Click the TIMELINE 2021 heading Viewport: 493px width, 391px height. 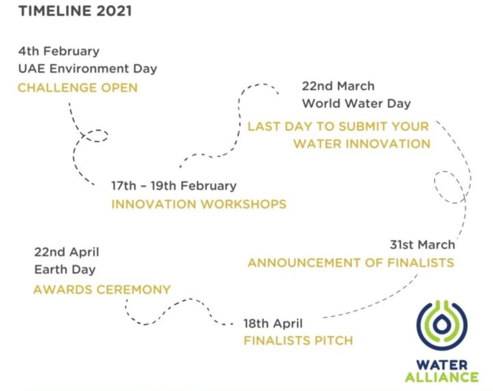coord(75,11)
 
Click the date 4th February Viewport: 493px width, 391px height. coord(59,51)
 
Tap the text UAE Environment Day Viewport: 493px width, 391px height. coord(87,69)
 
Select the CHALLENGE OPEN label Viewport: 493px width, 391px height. coord(78,88)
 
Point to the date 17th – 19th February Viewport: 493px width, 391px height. coord(174,186)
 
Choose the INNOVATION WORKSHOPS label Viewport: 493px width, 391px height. coord(199,204)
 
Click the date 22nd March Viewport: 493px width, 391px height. coord(338,86)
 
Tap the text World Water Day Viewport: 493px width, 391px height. coord(356,103)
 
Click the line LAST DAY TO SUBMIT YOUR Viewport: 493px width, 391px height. coord(338,127)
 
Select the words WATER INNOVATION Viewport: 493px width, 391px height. coord(362,144)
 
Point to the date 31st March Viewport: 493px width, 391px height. coord(422,245)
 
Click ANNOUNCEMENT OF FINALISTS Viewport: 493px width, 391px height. coord(351,263)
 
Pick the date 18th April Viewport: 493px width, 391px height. coord(273,324)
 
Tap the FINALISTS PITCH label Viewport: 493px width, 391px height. coord(298,341)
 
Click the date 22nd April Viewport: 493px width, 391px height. coord(66,252)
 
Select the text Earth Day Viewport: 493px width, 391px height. coord(65,269)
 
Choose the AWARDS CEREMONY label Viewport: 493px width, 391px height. coord(102,289)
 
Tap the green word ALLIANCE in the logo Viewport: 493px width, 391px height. coord(442,377)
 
